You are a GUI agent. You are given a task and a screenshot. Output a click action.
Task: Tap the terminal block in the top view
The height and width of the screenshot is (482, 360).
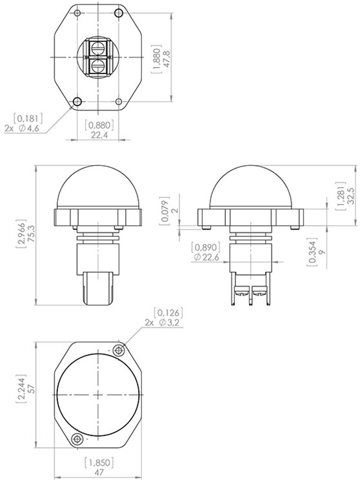(x=97, y=57)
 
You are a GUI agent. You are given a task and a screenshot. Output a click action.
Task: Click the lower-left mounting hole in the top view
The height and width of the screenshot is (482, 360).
(x=77, y=101)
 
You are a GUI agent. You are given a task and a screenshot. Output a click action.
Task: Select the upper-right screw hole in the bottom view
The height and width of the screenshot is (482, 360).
(x=118, y=350)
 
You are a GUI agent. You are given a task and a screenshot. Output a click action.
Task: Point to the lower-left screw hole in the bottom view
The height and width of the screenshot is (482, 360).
(x=77, y=438)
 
